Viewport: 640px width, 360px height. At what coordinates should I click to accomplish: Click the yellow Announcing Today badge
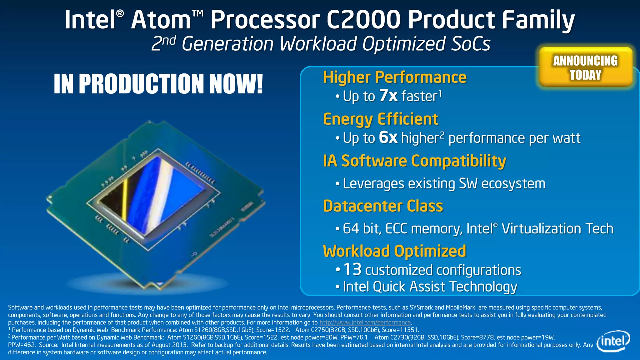point(585,67)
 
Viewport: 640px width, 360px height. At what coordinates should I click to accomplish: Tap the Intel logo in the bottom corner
point(613,341)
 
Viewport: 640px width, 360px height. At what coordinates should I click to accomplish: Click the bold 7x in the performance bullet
point(388,96)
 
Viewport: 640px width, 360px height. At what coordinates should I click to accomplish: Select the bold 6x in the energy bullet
point(388,137)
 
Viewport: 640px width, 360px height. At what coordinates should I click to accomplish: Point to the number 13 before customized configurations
point(352,269)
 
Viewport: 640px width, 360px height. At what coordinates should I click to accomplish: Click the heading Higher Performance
point(395,77)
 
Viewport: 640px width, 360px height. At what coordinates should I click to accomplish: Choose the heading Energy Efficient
point(380,119)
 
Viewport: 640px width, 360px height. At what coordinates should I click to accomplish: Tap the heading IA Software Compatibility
point(414,161)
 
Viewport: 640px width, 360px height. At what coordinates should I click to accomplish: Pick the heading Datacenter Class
point(383,206)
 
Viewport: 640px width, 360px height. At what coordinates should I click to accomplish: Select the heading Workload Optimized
point(394,251)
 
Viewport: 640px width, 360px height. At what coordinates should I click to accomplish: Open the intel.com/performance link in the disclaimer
point(365,322)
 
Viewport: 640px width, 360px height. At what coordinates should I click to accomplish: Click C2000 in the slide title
point(363,20)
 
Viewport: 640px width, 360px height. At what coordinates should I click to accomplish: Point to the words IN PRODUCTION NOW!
point(158,84)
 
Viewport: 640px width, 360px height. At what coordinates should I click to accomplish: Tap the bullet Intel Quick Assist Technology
point(430,287)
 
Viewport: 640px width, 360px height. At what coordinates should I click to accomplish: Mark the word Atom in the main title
point(161,20)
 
